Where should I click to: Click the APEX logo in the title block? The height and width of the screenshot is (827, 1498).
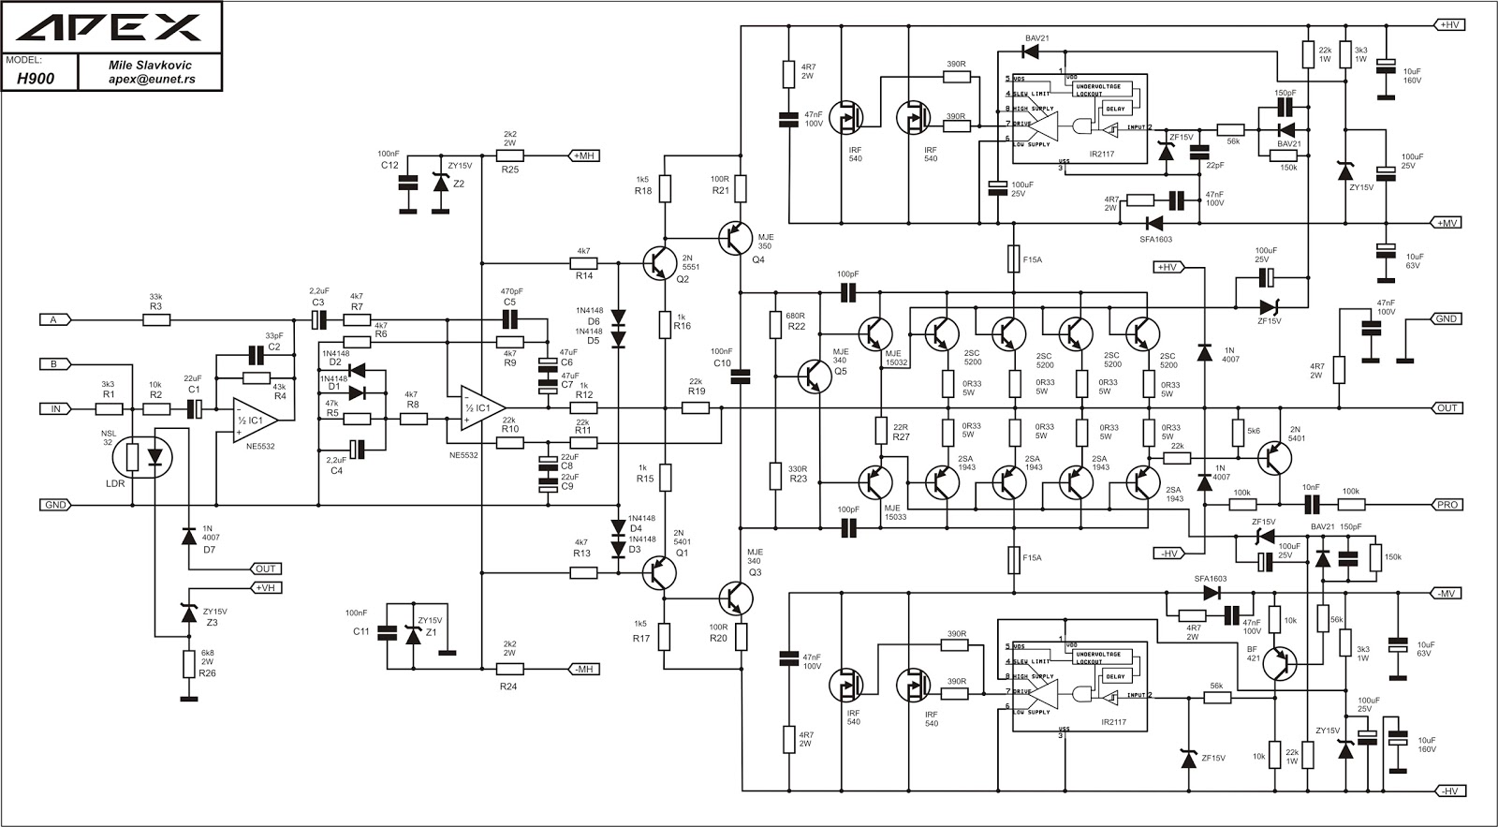[x=111, y=28]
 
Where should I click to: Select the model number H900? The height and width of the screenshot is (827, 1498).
[x=36, y=80]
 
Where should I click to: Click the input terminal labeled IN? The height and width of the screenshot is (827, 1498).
[x=54, y=408]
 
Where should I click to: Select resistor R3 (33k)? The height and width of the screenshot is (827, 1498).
[x=156, y=319]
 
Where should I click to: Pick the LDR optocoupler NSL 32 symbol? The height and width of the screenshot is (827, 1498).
[x=142, y=457]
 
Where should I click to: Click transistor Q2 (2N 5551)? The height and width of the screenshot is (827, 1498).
[x=661, y=263]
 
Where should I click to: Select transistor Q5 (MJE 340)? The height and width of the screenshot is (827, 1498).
[x=814, y=375]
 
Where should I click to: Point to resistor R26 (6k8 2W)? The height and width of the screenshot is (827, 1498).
[x=188, y=663]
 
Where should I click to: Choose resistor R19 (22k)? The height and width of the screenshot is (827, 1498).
[x=696, y=408]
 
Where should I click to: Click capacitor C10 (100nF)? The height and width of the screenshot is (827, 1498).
[x=740, y=376]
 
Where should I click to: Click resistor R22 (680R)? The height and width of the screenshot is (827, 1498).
[x=775, y=324]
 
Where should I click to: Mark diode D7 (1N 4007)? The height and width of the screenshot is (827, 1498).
[x=188, y=535]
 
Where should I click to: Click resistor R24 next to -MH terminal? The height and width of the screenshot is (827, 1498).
[x=509, y=669]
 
